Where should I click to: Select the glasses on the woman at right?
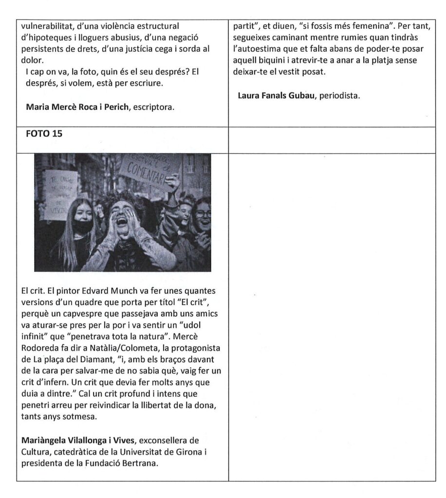point(203,213)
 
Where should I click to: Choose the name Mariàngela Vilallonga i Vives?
point(79,441)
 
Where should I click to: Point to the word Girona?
point(189,452)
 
